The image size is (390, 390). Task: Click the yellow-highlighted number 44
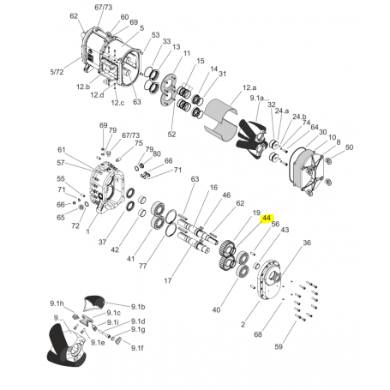tap(267, 219)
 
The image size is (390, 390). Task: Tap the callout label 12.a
tap(249, 87)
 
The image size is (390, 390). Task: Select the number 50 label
tap(349, 147)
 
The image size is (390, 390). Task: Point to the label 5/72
tap(57, 72)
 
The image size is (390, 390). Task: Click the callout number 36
tap(307, 243)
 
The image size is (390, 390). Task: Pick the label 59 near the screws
tap(279, 346)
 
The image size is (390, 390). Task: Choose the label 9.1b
tap(138, 307)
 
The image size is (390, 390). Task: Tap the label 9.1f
tap(137, 348)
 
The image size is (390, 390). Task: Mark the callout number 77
tap(142, 266)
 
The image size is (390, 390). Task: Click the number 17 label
tap(168, 281)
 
